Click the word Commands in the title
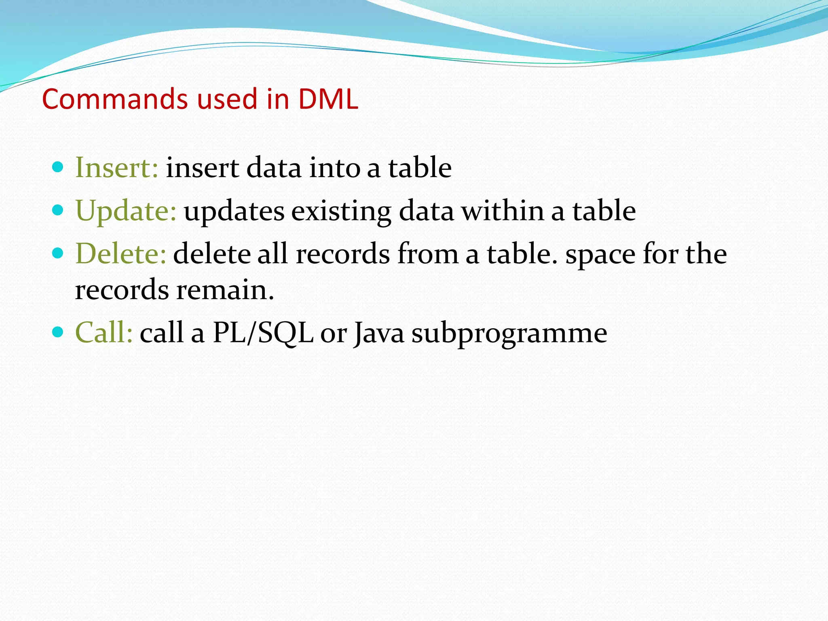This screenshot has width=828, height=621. pos(115,99)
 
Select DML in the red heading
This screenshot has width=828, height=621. pos(328,99)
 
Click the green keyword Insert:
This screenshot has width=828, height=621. pos(116,167)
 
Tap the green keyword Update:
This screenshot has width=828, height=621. pos(126,211)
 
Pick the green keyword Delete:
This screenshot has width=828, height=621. pos(120,254)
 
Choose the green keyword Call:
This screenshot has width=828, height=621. pos(104,332)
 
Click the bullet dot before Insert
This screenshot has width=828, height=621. pos(58,167)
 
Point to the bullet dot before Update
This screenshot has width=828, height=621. pos(58,210)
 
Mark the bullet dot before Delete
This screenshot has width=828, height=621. pos(58,253)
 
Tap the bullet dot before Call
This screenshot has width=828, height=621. pos(58,332)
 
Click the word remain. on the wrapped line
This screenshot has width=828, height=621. pos(225,290)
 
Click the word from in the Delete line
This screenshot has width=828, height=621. pos(428,254)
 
